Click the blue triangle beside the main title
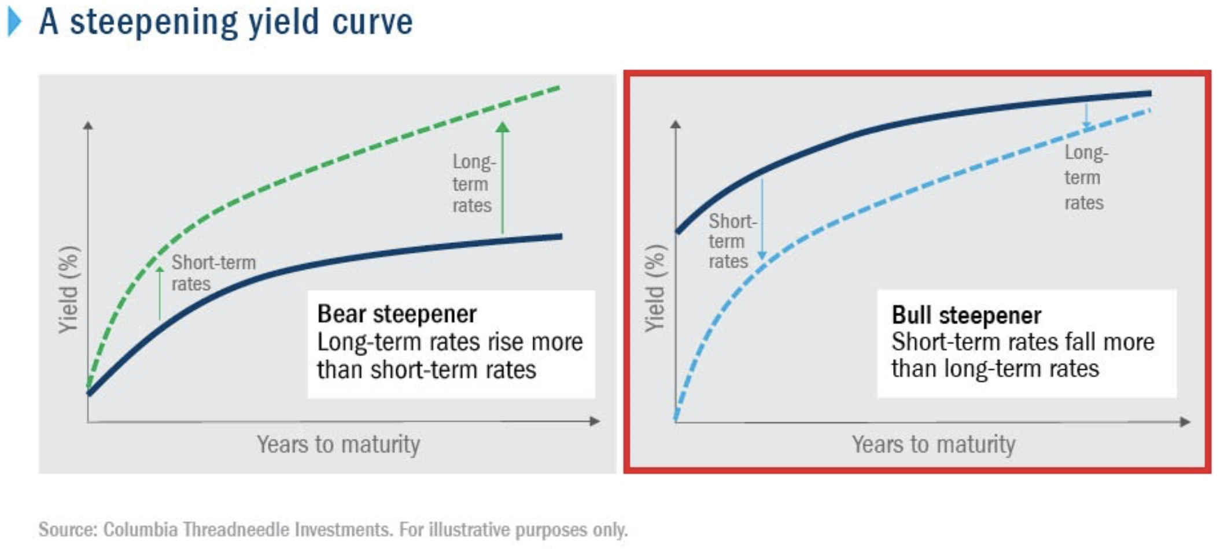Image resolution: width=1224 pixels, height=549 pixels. click(14, 22)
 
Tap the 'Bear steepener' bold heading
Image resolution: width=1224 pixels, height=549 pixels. click(397, 314)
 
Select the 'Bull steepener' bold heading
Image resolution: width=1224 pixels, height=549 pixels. click(966, 316)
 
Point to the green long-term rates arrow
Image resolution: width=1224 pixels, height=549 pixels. click(503, 177)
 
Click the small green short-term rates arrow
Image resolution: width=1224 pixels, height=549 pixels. click(160, 293)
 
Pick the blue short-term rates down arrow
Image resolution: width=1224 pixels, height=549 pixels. click(762, 219)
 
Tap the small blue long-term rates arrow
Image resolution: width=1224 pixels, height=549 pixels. click(1086, 116)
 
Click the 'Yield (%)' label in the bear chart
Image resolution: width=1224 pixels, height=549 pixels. click(68, 290)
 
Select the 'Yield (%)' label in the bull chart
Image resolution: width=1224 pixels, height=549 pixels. click(655, 288)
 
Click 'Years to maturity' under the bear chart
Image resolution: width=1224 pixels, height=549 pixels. click(338, 444)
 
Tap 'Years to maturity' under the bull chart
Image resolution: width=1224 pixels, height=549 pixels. click(933, 444)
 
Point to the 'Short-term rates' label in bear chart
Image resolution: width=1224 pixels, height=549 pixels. click(213, 273)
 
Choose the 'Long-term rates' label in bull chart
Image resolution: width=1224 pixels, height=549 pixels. click(1086, 177)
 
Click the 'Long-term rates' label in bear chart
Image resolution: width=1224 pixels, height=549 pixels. click(474, 183)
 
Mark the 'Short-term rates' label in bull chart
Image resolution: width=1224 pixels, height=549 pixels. click(732, 241)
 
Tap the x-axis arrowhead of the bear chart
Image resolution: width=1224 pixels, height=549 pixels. click(595, 421)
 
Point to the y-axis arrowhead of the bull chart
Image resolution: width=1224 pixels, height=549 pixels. click(675, 124)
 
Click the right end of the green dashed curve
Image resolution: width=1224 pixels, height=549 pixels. click(559, 88)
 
